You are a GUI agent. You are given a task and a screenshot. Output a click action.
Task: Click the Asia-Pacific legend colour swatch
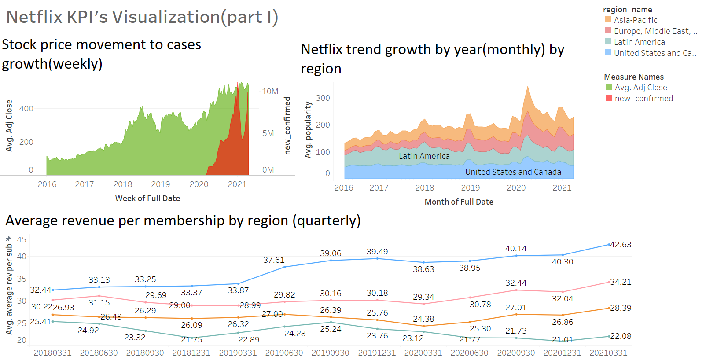pos(608,20)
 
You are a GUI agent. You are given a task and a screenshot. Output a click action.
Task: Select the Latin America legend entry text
pos(639,42)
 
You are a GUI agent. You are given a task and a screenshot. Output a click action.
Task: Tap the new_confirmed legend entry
pos(643,99)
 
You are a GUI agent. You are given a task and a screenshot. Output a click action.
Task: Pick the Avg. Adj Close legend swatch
pos(609,87)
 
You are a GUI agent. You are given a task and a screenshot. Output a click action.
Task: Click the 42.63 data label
pos(621,245)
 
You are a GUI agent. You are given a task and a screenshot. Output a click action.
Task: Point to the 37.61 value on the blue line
pos(274,260)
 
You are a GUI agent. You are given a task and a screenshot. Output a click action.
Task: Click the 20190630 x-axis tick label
pos(284,353)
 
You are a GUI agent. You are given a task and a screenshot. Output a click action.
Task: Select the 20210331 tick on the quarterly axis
pos(608,353)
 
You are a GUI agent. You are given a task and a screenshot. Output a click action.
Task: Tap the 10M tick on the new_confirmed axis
pos(270,92)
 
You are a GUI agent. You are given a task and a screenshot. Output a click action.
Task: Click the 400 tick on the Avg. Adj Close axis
pos(26,109)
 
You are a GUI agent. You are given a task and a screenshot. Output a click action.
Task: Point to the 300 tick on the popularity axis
pos(323,98)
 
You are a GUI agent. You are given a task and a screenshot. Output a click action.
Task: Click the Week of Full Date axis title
pos(147,198)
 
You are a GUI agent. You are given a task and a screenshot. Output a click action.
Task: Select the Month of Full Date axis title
pos(459,202)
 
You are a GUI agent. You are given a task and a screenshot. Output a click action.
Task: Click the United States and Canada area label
pos(513,172)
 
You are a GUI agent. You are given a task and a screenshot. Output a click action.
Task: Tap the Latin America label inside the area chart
pos(424,156)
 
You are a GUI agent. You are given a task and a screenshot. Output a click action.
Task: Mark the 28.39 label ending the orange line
pos(621,308)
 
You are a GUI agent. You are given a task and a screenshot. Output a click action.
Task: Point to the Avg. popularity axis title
pos(308,130)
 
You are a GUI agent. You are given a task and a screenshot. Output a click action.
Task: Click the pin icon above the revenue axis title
pos(8,239)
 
